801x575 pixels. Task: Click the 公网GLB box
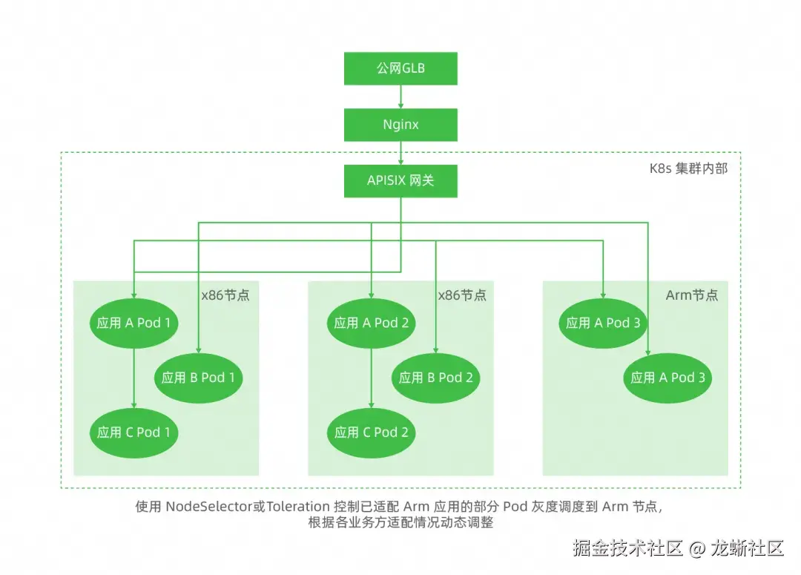point(400,69)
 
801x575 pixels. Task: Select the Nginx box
point(400,125)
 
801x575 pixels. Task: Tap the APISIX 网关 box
point(400,180)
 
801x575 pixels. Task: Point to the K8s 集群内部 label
point(688,168)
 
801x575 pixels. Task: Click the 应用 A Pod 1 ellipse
point(133,323)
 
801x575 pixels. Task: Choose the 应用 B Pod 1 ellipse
point(198,378)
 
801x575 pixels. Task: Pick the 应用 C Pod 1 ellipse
point(133,433)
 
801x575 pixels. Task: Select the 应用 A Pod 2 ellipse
point(371,323)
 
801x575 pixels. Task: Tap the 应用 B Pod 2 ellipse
point(435,378)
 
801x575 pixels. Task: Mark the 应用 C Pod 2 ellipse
point(371,433)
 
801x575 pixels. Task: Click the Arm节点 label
point(691,295)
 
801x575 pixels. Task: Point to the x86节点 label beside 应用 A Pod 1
point(225,295)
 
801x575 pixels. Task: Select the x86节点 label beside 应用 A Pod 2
point(462,295)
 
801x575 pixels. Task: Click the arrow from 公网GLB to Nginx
point(400,96)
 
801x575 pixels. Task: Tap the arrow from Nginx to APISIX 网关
point(400,152)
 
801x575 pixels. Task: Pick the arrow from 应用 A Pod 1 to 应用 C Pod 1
point(133,377)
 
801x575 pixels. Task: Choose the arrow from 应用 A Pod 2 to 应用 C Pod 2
point(371,377)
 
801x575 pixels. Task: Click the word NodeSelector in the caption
point(207,507)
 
